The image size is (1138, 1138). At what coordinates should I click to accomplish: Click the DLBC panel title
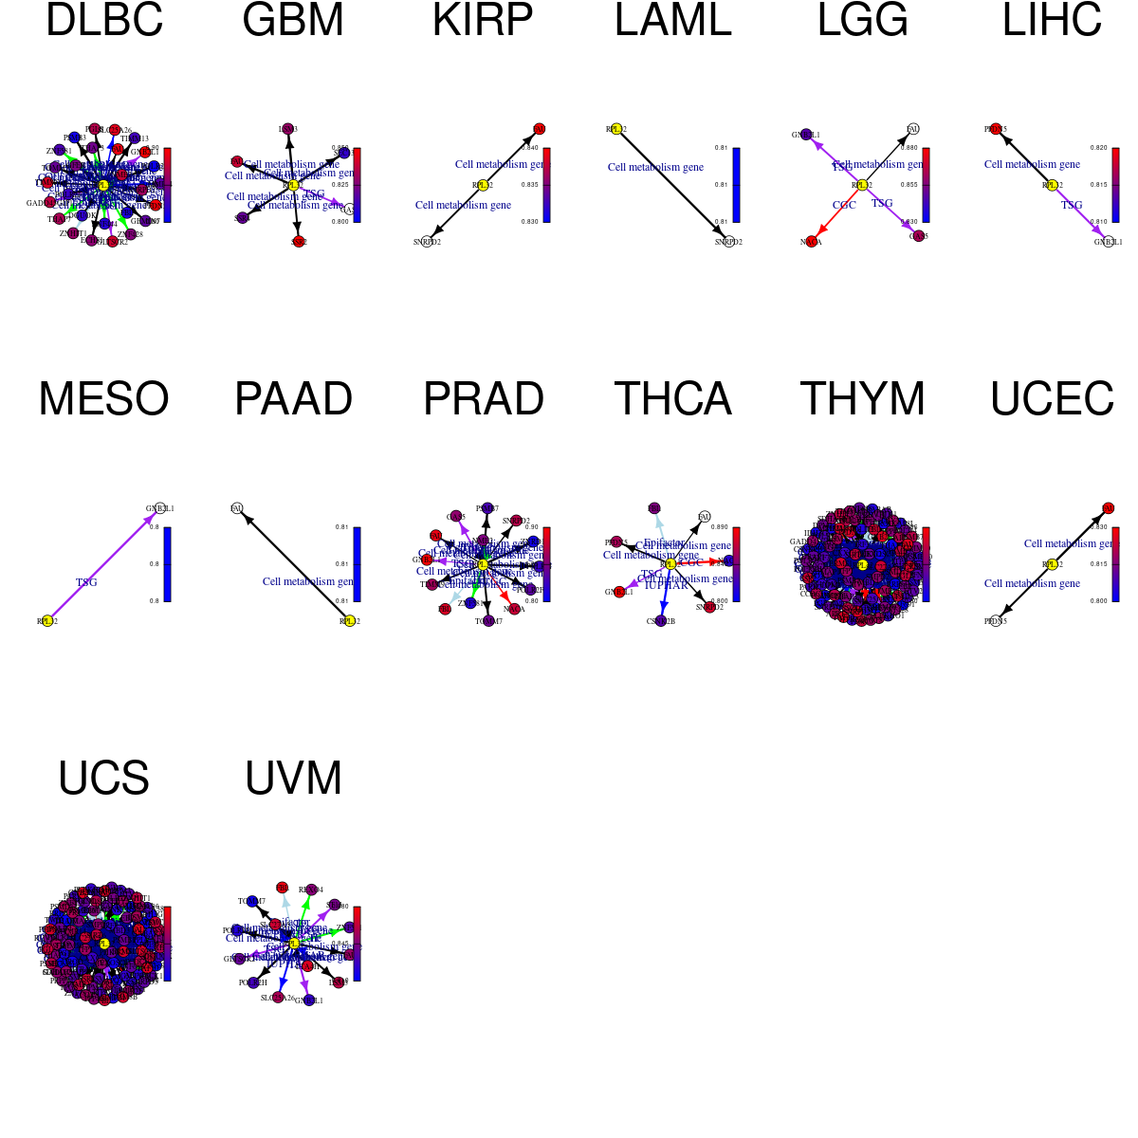coord(104,21)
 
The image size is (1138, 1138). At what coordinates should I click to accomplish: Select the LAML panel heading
coord(673,21)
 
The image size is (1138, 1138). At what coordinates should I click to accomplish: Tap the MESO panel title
coord(104,399)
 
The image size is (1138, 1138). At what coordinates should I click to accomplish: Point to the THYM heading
coord(863,399)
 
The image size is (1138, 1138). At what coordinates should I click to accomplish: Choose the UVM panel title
coord(294,779)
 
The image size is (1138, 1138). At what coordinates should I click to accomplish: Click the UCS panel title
coord(104,779)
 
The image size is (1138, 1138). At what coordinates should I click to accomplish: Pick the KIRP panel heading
coord(483,21)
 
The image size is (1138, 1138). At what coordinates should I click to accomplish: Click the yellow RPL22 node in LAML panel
coord(616,129)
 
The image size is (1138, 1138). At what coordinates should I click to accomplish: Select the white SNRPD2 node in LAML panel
coord(728,242)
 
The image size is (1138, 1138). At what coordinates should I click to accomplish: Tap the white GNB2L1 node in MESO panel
coord(159,508)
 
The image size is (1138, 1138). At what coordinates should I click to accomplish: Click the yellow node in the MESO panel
coord(47,621)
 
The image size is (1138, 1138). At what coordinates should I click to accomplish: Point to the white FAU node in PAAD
coord(237,508)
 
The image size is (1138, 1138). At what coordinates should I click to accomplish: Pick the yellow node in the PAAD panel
coord(349,621)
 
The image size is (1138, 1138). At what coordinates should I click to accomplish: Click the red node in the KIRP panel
coord(539,129)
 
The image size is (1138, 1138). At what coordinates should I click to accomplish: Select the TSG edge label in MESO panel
coord(86,582)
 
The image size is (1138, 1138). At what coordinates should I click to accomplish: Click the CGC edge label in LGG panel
coord(844,205)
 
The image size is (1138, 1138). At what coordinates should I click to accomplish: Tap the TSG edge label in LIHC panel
coord(1072,205)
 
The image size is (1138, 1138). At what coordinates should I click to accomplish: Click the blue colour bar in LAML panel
coord(737,185)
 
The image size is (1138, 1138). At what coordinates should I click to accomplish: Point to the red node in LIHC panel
coord(996,129)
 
